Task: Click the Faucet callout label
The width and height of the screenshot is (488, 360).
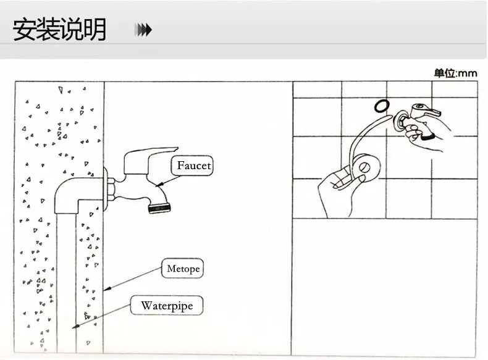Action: tap(192, 165)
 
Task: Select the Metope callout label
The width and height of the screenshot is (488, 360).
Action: tap(183, 268)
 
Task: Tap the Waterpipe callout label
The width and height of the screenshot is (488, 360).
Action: tap(167, 305)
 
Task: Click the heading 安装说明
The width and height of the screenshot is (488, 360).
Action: tap(59, 30)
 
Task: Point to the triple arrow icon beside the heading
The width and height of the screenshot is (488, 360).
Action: tap(143, 30)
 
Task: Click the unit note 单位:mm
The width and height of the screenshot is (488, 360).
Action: tap(456, 73)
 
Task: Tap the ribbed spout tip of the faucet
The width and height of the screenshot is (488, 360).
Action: tap(159, 208)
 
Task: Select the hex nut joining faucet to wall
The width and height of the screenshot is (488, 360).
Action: tap(111, 190)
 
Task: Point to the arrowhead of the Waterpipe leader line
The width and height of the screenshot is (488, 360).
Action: tap(75, 327)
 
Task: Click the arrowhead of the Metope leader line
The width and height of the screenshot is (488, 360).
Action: tap(107, 289)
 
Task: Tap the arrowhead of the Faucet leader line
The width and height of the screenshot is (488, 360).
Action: tap(159, 185)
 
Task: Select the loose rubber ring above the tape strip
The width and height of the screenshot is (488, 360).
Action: tap(382, 106)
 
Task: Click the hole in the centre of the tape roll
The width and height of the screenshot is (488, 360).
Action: tap(364, 168)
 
